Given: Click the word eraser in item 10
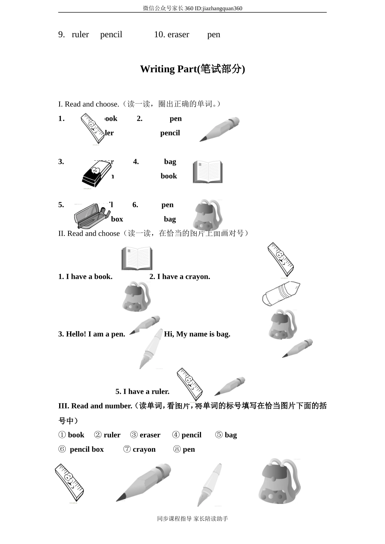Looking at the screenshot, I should point(178,35).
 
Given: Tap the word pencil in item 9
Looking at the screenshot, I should point(111,35).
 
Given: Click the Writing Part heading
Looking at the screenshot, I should point(192,69).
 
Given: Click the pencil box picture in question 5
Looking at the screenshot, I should point(92,215).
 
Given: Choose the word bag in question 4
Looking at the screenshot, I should point(170,162).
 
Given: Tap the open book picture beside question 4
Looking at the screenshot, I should point(207,172).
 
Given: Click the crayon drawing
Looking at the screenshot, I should point(281,293).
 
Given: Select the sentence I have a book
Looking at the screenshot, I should point(85,277).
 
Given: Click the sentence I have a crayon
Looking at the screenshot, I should point(180,277).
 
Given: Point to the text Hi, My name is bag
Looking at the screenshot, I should point(197,334).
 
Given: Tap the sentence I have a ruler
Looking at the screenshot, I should point(142,392).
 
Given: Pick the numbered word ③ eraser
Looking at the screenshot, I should point(145,435).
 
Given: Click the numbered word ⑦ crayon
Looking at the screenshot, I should point(139,450).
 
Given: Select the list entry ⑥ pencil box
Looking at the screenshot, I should point(81,450).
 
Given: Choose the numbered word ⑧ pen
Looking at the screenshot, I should point(184,450).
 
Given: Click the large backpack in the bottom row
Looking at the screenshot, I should point(280,482).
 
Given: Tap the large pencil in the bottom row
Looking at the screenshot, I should point(144,482).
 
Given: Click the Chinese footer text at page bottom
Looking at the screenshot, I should point(192,519).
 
